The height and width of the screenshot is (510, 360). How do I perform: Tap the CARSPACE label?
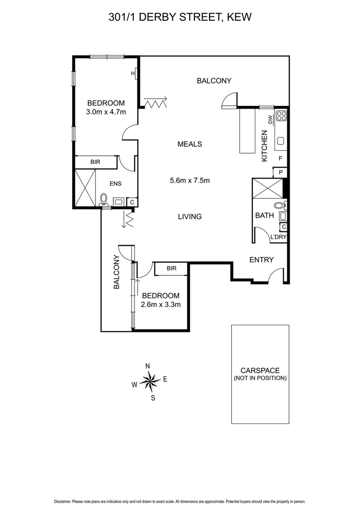click(x=260, y=371)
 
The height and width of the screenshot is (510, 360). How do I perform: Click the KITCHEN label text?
click(x=265, y=146)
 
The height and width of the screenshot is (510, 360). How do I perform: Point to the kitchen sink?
click(x=281, y=140)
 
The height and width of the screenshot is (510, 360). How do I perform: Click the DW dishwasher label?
click(x=270, y=119)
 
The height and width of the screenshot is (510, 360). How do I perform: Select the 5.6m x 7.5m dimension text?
click(x=190, y=180)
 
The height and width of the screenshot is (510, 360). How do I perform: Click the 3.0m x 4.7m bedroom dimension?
click(x=106, y=112)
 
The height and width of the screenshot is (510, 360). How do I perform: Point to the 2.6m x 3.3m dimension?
click(x=161, y=305)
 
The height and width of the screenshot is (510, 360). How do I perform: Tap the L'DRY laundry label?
click(x=278, y=237)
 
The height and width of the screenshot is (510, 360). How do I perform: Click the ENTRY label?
click(x=261, y=260)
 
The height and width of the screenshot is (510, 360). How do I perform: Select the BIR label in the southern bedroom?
click(x=171, y=269)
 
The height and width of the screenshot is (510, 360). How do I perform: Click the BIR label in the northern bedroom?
click(x=96, y=162)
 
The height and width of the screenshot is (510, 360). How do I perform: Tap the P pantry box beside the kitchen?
click(x=281, y=172)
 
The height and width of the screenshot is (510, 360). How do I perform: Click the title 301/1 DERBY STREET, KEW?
click(x=180, y=17)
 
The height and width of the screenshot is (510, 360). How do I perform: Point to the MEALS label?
click(x=190, y=144)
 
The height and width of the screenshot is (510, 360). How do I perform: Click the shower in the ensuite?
click(x=84, y=187)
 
